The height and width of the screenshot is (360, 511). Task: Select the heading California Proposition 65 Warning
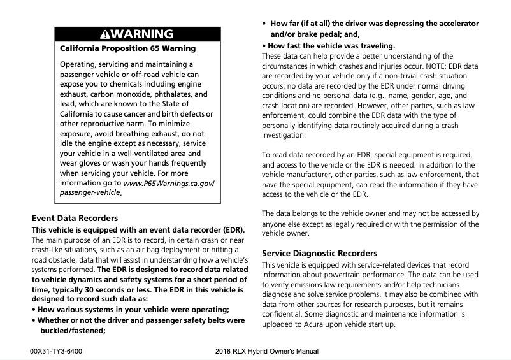[127, 48]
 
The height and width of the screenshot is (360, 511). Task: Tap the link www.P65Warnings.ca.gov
[168, 183]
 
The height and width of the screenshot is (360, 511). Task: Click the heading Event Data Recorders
[75, 218]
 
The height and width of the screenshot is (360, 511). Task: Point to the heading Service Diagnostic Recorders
[319, 253]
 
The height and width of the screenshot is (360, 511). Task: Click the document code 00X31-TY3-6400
[55, 351]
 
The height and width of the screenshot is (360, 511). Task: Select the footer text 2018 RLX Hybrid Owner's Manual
[267, 351]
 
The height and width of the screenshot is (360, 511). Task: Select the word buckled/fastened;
[73, 330]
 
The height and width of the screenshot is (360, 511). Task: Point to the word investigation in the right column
[284, 135]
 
